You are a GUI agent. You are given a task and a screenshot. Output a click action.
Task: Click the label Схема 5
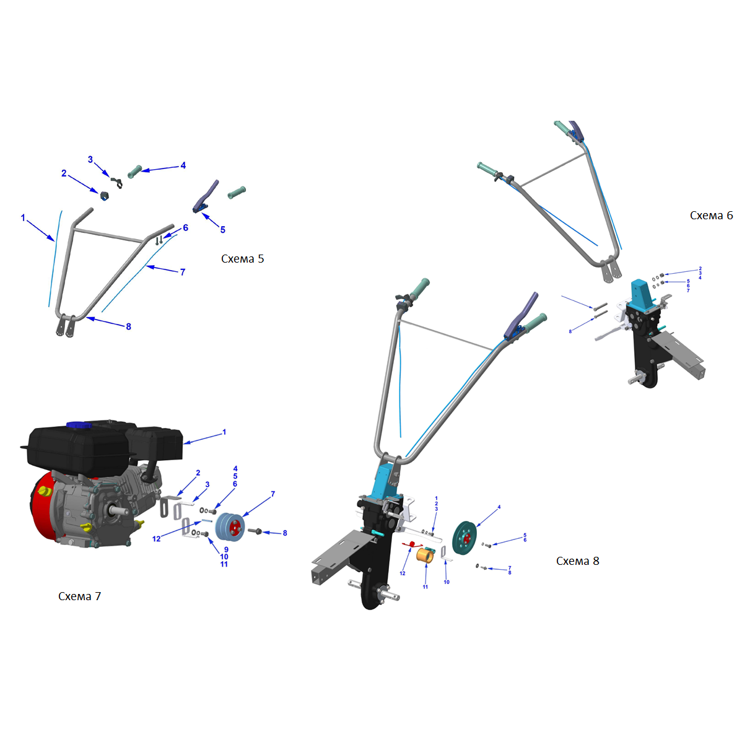(x=242, y=259)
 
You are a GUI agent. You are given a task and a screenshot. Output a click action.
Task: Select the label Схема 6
(x=711, y=216)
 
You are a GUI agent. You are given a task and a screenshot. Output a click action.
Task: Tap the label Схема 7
(x=79, y=596)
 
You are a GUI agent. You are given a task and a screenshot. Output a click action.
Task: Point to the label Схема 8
(x=577, y=561)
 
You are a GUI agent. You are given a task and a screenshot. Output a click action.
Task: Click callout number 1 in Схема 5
(x=23, y=217)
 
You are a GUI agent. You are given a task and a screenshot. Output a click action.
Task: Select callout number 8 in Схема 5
(x=128, y=326)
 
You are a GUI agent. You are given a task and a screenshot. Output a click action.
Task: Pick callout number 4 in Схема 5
(x=183, y=165)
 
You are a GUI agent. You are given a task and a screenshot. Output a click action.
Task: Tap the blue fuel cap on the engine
(x=79, y=425)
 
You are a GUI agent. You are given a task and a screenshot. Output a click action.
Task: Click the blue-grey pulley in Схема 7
(x=230, y=526)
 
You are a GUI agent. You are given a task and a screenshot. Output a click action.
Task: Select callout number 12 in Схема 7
(x=156, y=538)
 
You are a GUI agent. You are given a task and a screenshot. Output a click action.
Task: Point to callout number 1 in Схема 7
(x=224, y=432)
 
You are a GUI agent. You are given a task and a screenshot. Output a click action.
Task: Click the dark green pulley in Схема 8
(x=465, y=538)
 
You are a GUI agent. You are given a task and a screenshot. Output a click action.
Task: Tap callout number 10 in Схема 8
(x=446, y=582)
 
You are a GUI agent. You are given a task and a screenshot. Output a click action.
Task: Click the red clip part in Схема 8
(x=410, y=544)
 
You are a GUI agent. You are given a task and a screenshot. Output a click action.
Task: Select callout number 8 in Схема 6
(x=570, y=331)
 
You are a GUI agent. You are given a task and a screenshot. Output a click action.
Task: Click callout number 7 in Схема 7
(x=273, y=494)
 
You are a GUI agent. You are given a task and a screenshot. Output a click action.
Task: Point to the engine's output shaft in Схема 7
(x=120, y=510)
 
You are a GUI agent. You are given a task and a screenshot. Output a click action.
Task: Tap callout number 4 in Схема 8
(x=499, y=507)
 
